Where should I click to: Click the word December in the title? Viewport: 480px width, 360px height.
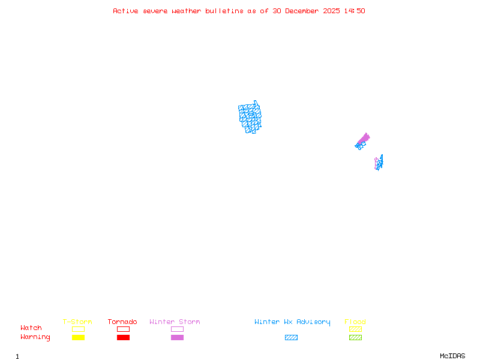pos(304,11)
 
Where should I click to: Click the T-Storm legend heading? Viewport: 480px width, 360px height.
pos(77,322)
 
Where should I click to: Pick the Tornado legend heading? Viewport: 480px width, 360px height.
pos(122,322)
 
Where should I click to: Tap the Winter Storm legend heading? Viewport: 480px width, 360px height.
pos(175,322)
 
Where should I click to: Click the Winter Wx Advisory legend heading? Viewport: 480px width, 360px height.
pos(292,322)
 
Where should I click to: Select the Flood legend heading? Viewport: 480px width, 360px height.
pos(355,322)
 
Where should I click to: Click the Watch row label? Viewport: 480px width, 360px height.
pos(31,328)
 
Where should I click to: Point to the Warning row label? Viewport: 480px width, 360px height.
pos(35,337)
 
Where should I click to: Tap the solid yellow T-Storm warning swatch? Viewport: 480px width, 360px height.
pos(78,338)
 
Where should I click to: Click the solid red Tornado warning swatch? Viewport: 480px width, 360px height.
pos(123,338)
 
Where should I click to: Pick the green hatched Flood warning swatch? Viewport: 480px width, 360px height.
pos(355,338)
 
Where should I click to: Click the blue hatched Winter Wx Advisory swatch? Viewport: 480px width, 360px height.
pos(291,338)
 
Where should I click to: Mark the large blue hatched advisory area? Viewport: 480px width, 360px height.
pos(250,116)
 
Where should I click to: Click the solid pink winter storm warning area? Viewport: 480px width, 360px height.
pos(364,138)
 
